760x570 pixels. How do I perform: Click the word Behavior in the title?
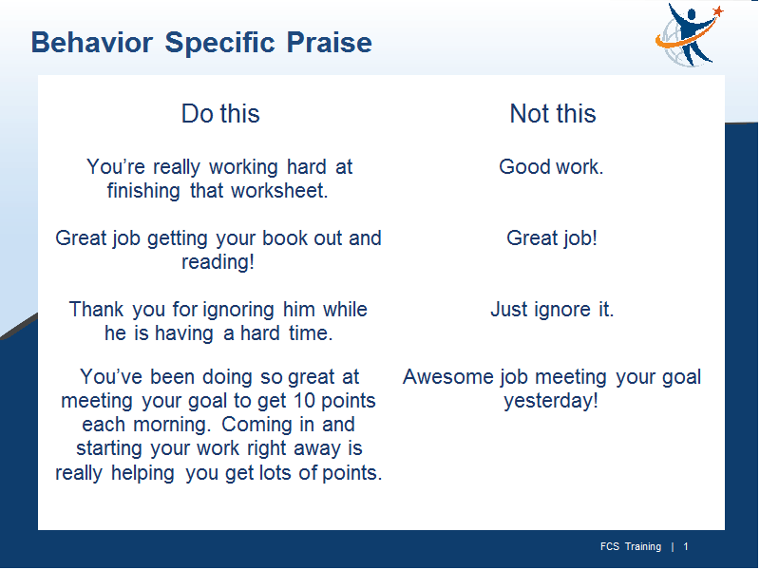[x=92, y=42]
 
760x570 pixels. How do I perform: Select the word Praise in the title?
[x=329, y=42]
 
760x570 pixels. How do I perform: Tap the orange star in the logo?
[x=718, y=10]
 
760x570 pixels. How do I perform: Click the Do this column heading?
[x=220, y=114]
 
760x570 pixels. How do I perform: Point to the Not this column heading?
[x=553, y=114]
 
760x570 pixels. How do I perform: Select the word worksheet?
[x=279, y=191]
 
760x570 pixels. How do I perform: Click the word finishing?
[x=143, y=191]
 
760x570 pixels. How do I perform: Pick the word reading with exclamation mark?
[x=218, y=262]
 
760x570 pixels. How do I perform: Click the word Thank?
[x=97, y=310]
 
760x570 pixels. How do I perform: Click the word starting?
[x=109, y=448]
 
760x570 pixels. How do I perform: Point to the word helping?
[x=142, y=473]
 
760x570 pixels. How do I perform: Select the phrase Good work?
[x=551, y=167]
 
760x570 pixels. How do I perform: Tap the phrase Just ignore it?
[x=552, y=310]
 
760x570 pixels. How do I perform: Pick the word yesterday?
[x=551, y=401]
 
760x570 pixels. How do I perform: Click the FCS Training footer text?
[x=631, y=547]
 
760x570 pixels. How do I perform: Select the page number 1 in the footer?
[x=686, y=547]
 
